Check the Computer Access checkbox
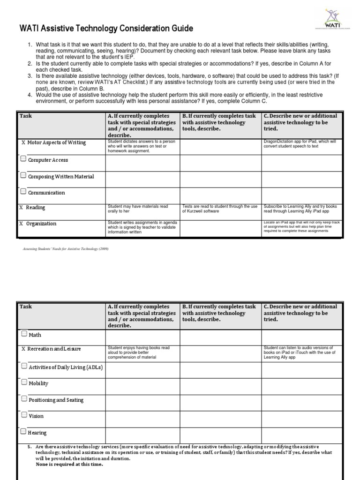(23, 159)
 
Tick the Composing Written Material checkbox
(23, 176)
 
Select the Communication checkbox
(23, 192)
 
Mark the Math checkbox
(24, 334)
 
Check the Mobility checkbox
(24, 382)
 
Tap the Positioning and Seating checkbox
(24, 399)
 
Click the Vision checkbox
(24, 415)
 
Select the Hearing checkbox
(24, 431)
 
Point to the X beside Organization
(21, 224)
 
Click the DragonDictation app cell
(302, 144)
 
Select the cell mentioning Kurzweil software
(220, 209)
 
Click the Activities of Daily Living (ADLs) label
(66, 367)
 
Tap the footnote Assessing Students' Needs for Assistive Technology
(66, 249)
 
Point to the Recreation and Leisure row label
(54, 349)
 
